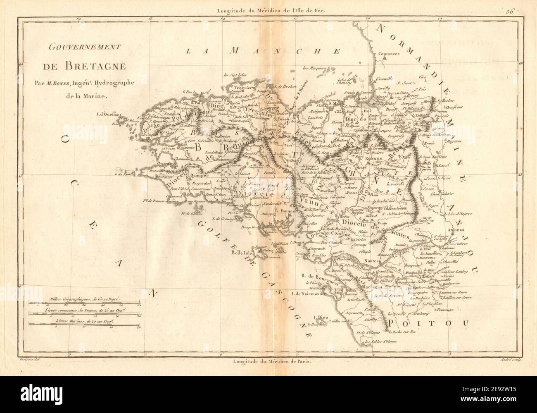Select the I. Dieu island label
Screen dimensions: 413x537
tap(322, 318)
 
